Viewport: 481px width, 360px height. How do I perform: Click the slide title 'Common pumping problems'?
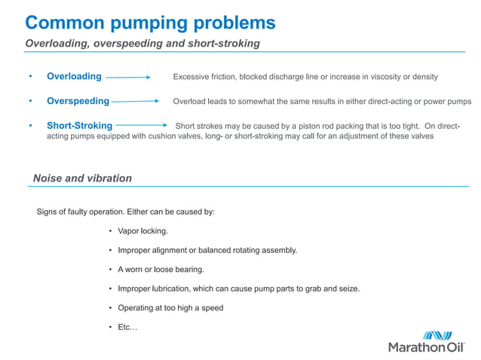(x=150, y=21)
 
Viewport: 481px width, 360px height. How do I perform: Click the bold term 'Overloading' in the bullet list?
(x=74, y=76)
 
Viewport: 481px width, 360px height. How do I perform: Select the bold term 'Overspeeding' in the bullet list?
(x=78, y=101)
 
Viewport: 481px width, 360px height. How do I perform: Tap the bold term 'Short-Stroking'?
(x=79, y=125)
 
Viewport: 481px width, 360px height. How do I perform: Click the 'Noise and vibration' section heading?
(x=82, y=178)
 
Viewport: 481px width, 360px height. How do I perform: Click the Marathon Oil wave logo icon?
(x=437, y=335)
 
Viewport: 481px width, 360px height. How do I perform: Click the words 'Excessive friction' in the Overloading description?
(x=201, y=77)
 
